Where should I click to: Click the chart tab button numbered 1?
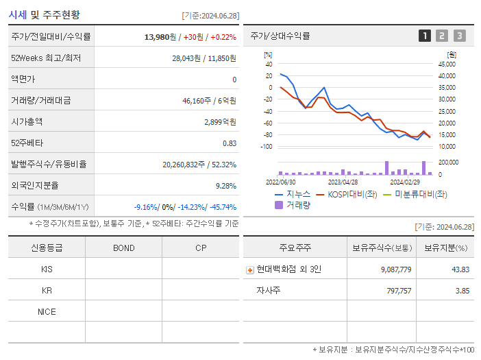(x=425, y=36)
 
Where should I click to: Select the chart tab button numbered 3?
(x=459, y=36)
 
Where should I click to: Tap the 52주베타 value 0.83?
(x=229, y=143)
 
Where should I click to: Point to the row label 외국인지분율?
(x=35, y=185)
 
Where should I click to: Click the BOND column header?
(x=123, y=248)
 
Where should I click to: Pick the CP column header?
(x=200, y=248)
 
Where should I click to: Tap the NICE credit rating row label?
(x=47, y=311)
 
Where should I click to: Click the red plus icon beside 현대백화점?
(x=250, y=269)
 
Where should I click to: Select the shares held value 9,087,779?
(x=395, y=269)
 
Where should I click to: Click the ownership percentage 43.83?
(x=460, y=269)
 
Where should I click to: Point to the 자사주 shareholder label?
(x=269, y=291)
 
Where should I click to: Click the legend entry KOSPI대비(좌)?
(x=353, y=194)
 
